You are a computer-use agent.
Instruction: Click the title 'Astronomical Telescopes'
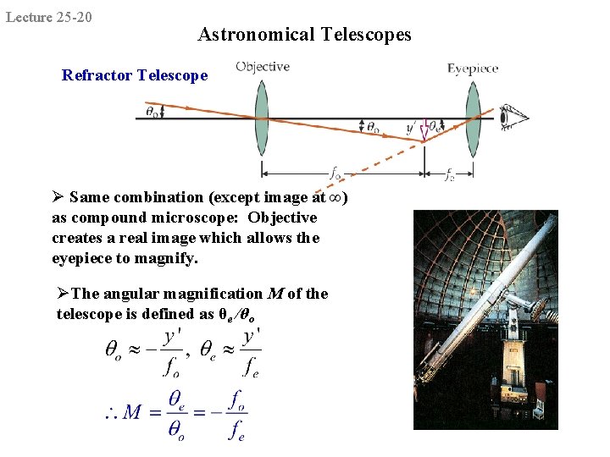(x=304, y=35)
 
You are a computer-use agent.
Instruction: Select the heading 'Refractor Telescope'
(x=135, y=75)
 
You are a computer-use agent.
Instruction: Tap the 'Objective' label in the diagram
(x=262, y=67)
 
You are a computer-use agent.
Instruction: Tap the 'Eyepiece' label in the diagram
(x=473, y=69)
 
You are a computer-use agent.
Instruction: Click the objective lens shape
(x=261, y=119)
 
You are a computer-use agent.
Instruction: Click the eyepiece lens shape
(x=472, y=119)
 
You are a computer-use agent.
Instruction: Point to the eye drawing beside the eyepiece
(x=512, y=118)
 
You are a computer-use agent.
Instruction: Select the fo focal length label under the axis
(x=336, y=174)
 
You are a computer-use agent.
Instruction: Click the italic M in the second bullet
(x=274, y=294)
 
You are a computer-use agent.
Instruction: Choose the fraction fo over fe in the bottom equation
(x=238, y=413)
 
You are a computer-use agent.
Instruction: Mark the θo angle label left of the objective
(x=152, y=109)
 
